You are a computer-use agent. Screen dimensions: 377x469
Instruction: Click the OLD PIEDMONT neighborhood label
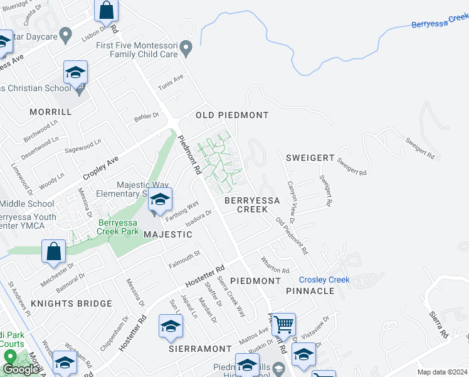[x=232, y=115]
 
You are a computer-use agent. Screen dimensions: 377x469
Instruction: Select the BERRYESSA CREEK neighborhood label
[x=252, y=204]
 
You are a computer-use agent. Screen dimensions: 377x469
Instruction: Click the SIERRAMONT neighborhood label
[x=200, y=347]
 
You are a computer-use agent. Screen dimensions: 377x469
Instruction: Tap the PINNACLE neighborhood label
[x=310, y=291]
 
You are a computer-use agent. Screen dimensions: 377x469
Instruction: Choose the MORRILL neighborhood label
[x=50, y=111]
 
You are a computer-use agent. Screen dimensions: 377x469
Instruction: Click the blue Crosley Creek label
[x=324, y=280]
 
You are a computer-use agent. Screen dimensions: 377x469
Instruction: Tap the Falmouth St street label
[x=184, y=258]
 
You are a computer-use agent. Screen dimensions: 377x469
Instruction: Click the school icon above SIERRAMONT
[x=170, y=327]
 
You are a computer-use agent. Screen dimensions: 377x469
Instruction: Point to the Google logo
[x=21, y=369]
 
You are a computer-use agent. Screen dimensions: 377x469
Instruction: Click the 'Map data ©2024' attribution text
[x=441, y=372]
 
